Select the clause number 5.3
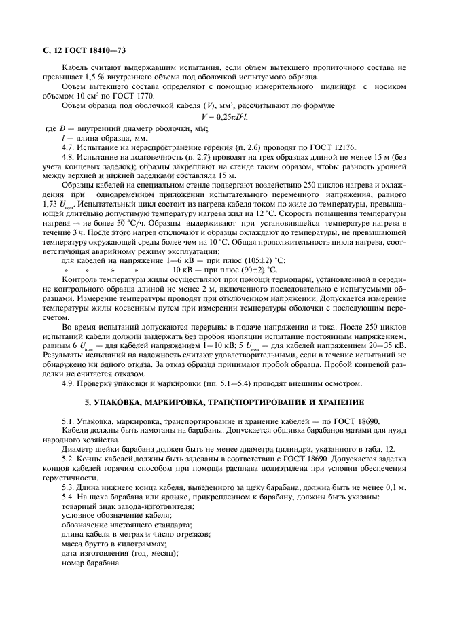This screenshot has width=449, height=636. [69, 487]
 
